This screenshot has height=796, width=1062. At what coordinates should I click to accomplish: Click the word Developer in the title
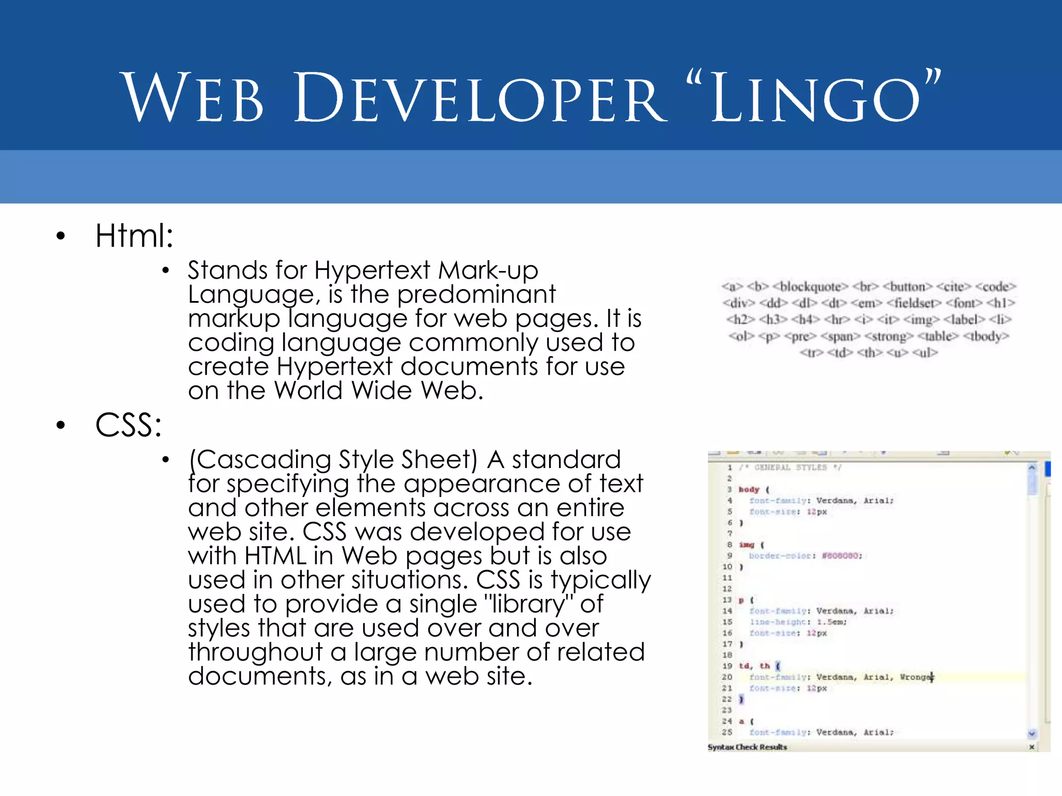(480, 98)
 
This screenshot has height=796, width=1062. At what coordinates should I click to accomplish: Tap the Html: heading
(134, 236)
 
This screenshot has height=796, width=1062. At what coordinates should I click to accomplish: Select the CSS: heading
(128, 425)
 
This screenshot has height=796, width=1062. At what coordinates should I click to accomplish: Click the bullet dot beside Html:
(61, 236)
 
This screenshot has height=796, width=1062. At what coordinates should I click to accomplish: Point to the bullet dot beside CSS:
(61, 425)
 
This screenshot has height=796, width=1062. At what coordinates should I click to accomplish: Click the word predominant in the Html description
(476, 294)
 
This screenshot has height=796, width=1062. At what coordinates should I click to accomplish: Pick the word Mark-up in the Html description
(488, 270)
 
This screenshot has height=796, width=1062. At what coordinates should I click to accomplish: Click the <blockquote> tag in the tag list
(811, 287)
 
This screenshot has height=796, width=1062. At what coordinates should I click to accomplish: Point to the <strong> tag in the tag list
(889, 336)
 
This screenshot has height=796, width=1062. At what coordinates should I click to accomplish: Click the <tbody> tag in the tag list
(986, 336)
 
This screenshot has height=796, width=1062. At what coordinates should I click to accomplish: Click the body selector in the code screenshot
(749, 489)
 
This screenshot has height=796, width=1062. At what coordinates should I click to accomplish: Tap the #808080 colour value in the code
(842, 556)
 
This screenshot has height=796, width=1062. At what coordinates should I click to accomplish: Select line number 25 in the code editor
(727, 732)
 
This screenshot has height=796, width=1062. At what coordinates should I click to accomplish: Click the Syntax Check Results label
(747, 747)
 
